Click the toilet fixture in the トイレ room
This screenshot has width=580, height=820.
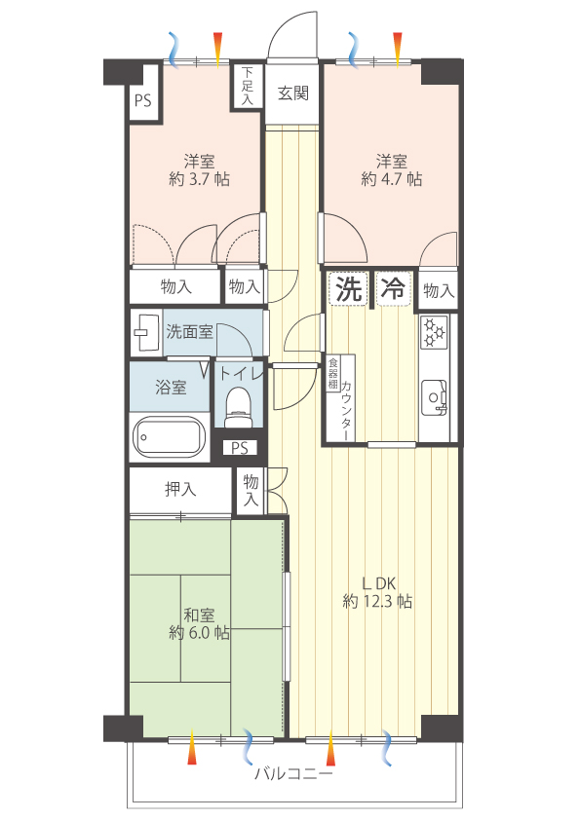239,407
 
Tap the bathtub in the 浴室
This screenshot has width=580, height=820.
168,436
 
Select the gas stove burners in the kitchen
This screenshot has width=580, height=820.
434,331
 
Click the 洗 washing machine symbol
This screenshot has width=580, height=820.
349,288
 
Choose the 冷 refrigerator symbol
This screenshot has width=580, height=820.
394,288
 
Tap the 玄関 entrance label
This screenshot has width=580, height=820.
292,93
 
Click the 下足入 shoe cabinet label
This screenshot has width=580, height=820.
247,86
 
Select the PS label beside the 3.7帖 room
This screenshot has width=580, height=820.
143,100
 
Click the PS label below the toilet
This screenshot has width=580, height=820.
240,448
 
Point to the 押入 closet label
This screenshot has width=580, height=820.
180,490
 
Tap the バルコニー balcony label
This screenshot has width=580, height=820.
293,773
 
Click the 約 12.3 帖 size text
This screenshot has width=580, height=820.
377,602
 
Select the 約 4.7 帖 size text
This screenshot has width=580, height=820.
392,179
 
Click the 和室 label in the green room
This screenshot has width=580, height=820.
199,615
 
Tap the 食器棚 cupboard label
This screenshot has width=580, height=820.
333,374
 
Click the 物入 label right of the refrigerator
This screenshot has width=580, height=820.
438,291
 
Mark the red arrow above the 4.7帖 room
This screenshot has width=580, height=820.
398,50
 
